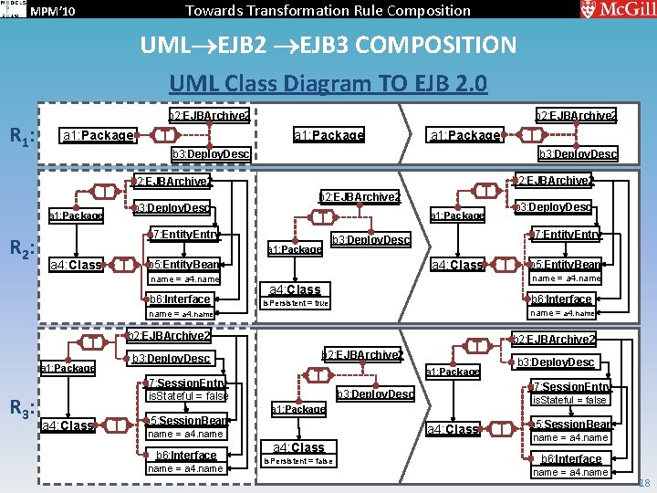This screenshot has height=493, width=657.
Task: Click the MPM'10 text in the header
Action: click(x=53, y=11)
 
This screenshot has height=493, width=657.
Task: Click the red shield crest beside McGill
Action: click(x=589, y=9)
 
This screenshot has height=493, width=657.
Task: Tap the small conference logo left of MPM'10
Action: click(x=11, y=10)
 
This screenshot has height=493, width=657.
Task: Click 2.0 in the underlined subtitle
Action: click(x=471, y=84)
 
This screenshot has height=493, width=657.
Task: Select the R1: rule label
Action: click(x=22, y=137)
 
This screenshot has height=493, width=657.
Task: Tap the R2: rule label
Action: click(x=22, y=248)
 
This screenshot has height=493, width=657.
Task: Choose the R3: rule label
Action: click(x=22, y=406)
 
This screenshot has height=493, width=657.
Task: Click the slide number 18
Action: click(x=644, y=483)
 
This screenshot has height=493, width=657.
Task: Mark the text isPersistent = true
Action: click(x=295, y=303)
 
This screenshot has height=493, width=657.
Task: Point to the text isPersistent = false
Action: click(x=297, y=461)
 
